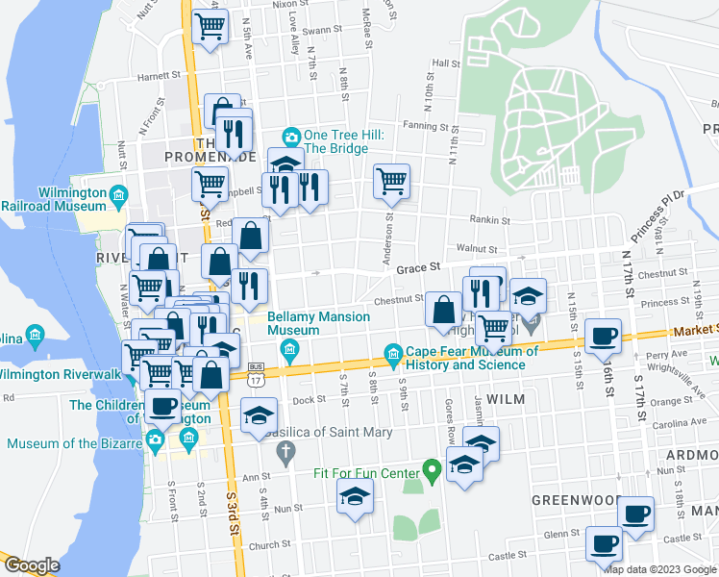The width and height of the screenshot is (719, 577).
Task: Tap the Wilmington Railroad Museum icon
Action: [118, 197]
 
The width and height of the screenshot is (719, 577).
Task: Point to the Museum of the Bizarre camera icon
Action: [155, 442]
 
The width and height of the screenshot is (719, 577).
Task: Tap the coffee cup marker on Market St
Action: [603, 337]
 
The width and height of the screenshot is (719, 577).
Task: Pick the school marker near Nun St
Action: [354, 497]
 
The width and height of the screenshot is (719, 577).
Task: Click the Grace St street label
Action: [418, 267]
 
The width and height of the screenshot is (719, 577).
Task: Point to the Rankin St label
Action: [490, 220]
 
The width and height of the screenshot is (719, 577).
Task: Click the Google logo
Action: [32, 565]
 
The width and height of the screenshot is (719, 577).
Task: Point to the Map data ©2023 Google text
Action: [659, 569]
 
